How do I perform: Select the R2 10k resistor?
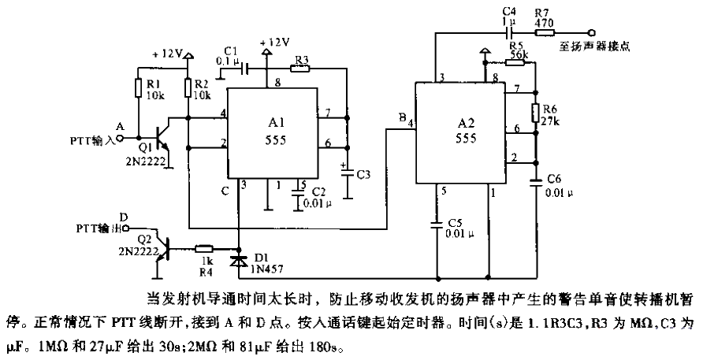[x=188, y=87]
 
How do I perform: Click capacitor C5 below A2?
[x=437, y=225]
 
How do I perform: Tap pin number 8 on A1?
[x=277, y=82]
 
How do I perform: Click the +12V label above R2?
[x=168, y=55]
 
